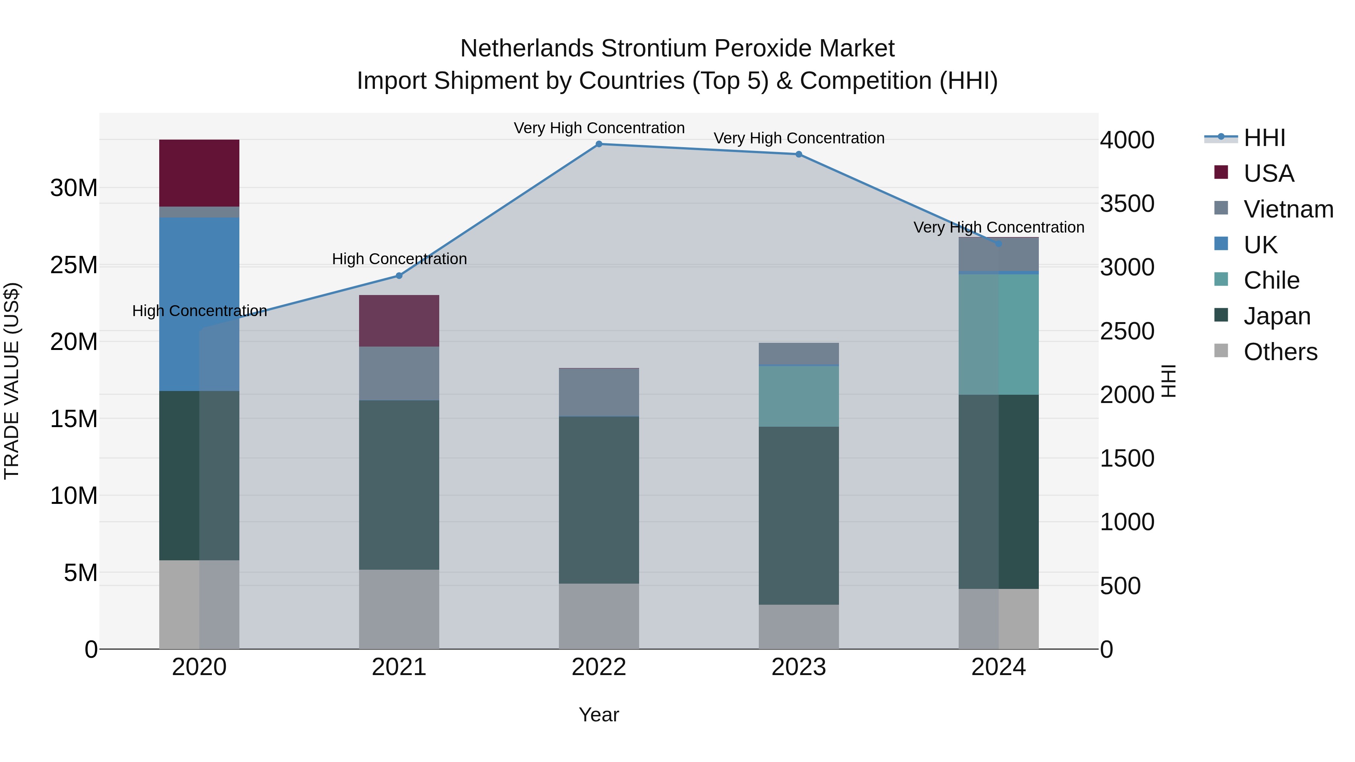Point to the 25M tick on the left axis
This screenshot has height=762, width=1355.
(74, 265)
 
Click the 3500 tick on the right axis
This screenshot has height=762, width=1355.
(1127, 204)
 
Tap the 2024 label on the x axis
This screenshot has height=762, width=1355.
(998, 667)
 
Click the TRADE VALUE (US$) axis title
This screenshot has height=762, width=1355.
(12, 381)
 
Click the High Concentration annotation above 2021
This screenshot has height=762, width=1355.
(399, 259)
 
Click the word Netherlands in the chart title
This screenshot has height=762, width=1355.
(528, 49)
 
